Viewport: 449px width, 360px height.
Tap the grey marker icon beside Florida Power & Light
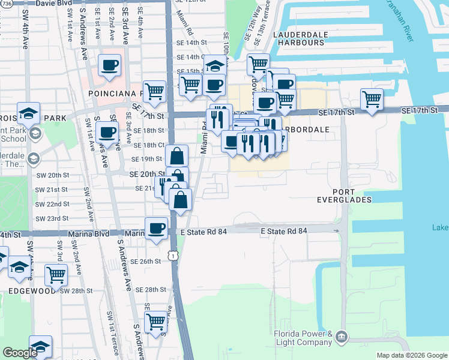coord(342,335)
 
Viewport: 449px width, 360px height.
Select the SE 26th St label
coord(148,261)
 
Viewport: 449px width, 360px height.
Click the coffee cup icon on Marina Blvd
coord(156,228)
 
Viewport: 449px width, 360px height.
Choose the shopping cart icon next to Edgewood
coord(56,275)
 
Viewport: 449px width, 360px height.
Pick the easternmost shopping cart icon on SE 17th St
coord(372,98)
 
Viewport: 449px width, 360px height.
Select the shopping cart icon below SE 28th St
coord(155,322)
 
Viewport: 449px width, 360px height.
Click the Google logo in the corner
coord(20,353)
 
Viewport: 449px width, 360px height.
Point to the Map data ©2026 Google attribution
coord(411,355)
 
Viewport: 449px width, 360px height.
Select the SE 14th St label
coord(191,43)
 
